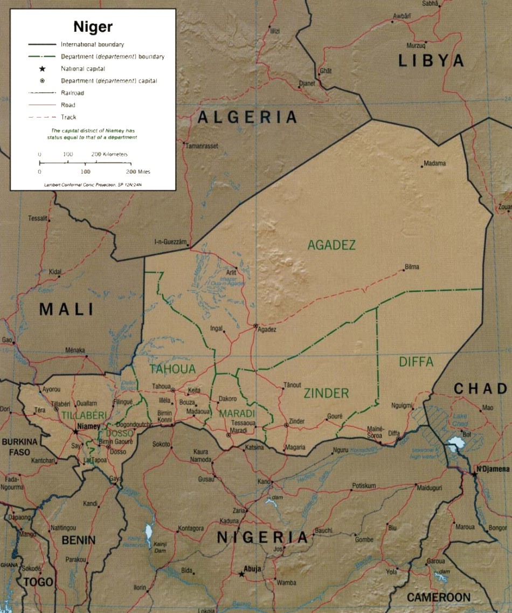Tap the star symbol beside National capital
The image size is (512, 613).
coord(41,68)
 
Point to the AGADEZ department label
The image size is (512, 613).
coord(331,245)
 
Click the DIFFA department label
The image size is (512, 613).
coord(416,362)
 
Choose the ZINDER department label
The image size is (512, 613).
coord(326,393)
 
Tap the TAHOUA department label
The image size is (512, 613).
coord(172,369)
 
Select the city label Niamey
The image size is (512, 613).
coord(88,426)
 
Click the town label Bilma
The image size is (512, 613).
coord(411,267)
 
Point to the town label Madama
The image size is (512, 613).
coord(435,163)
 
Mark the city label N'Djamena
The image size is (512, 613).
coord(493,469)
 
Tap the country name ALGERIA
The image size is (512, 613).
coord(247,117)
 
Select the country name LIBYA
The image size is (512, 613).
coord(431,61)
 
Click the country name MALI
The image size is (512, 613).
coord(66,309)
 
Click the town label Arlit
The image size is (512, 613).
coord(231,273)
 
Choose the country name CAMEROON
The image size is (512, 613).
coord(438,597)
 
